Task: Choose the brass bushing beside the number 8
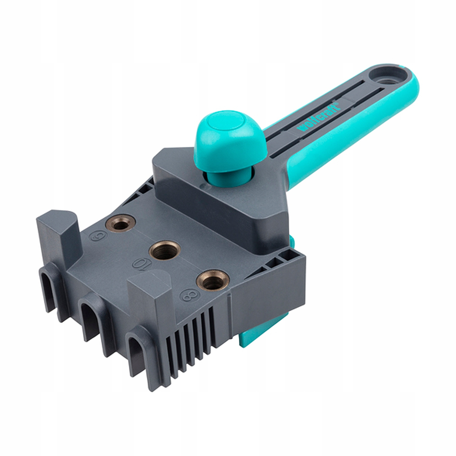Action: pos(212,280)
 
